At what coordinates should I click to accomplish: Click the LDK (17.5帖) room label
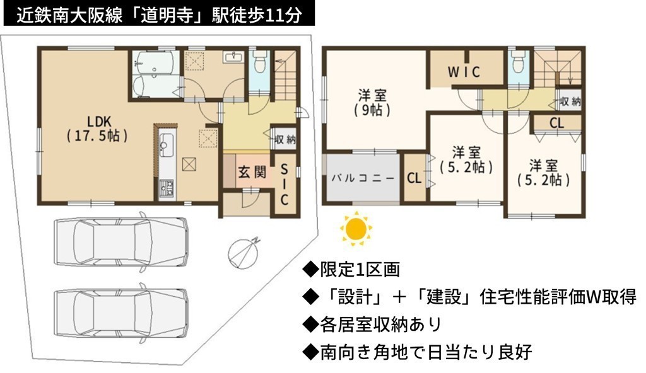click(98, 129)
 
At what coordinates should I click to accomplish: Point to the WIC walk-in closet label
click(464, 72)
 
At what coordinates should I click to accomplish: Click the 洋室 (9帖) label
click(372, 103)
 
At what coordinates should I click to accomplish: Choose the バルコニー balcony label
click(363, 178)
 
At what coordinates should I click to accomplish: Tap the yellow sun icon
click(356, 227)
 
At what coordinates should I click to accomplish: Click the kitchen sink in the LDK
click(167, 146)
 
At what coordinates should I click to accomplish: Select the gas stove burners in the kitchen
click(167, 189)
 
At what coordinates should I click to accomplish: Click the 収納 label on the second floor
click(570, 101)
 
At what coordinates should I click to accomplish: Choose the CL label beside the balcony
click(414, 178)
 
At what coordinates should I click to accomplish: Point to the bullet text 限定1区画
click(360, 270)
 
